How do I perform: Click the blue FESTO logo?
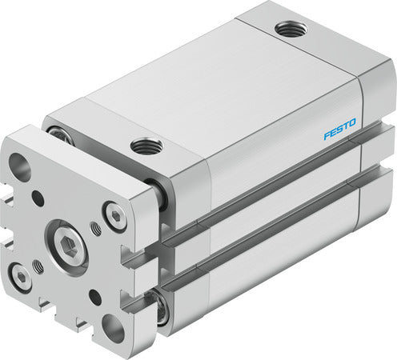coord(339,129)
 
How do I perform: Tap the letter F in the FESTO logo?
coord(327,135)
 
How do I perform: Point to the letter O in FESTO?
coord(352,123)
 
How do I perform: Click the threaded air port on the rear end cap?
coord(291,29)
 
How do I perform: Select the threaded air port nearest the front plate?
coord(146,146)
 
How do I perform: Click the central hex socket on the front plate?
coord(69,244)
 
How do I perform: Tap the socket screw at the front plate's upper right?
coord(115,215)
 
